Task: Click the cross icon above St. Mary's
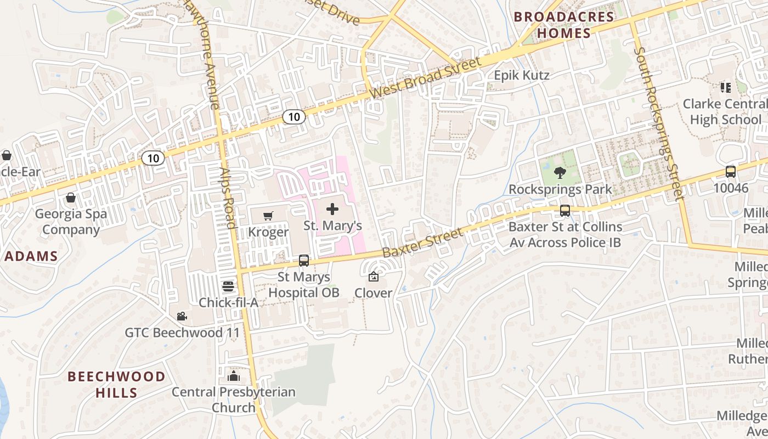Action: pos(332,209)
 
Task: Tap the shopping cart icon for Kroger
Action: pos(268,216)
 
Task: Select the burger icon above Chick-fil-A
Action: pos(228,286)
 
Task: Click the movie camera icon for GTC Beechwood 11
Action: pos(182,316)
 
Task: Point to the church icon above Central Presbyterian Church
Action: pos(234,376)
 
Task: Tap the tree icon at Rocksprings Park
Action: pos(560,173)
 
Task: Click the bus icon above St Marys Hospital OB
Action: pos(303,261)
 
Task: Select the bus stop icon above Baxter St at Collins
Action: pos(564,210)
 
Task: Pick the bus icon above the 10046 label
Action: pos(731,171)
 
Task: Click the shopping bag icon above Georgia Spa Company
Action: pos(71,197)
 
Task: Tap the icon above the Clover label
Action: pos(374,277)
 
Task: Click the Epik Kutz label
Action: pos(522,75)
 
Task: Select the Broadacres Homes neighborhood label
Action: pos(564,25)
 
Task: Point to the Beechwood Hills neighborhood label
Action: pos(116,385)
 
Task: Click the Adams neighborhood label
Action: pos(31,256)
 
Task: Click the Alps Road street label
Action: pos(227,198)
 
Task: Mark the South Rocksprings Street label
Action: pos(657,123)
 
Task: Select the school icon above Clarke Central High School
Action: pos(726,87)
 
